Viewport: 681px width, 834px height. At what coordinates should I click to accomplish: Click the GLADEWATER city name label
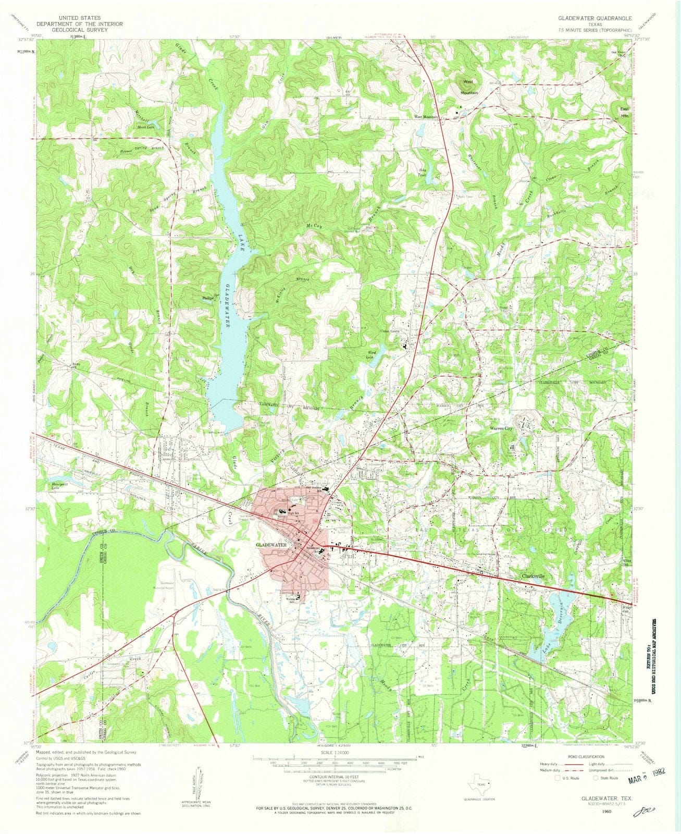click(272, 544)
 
